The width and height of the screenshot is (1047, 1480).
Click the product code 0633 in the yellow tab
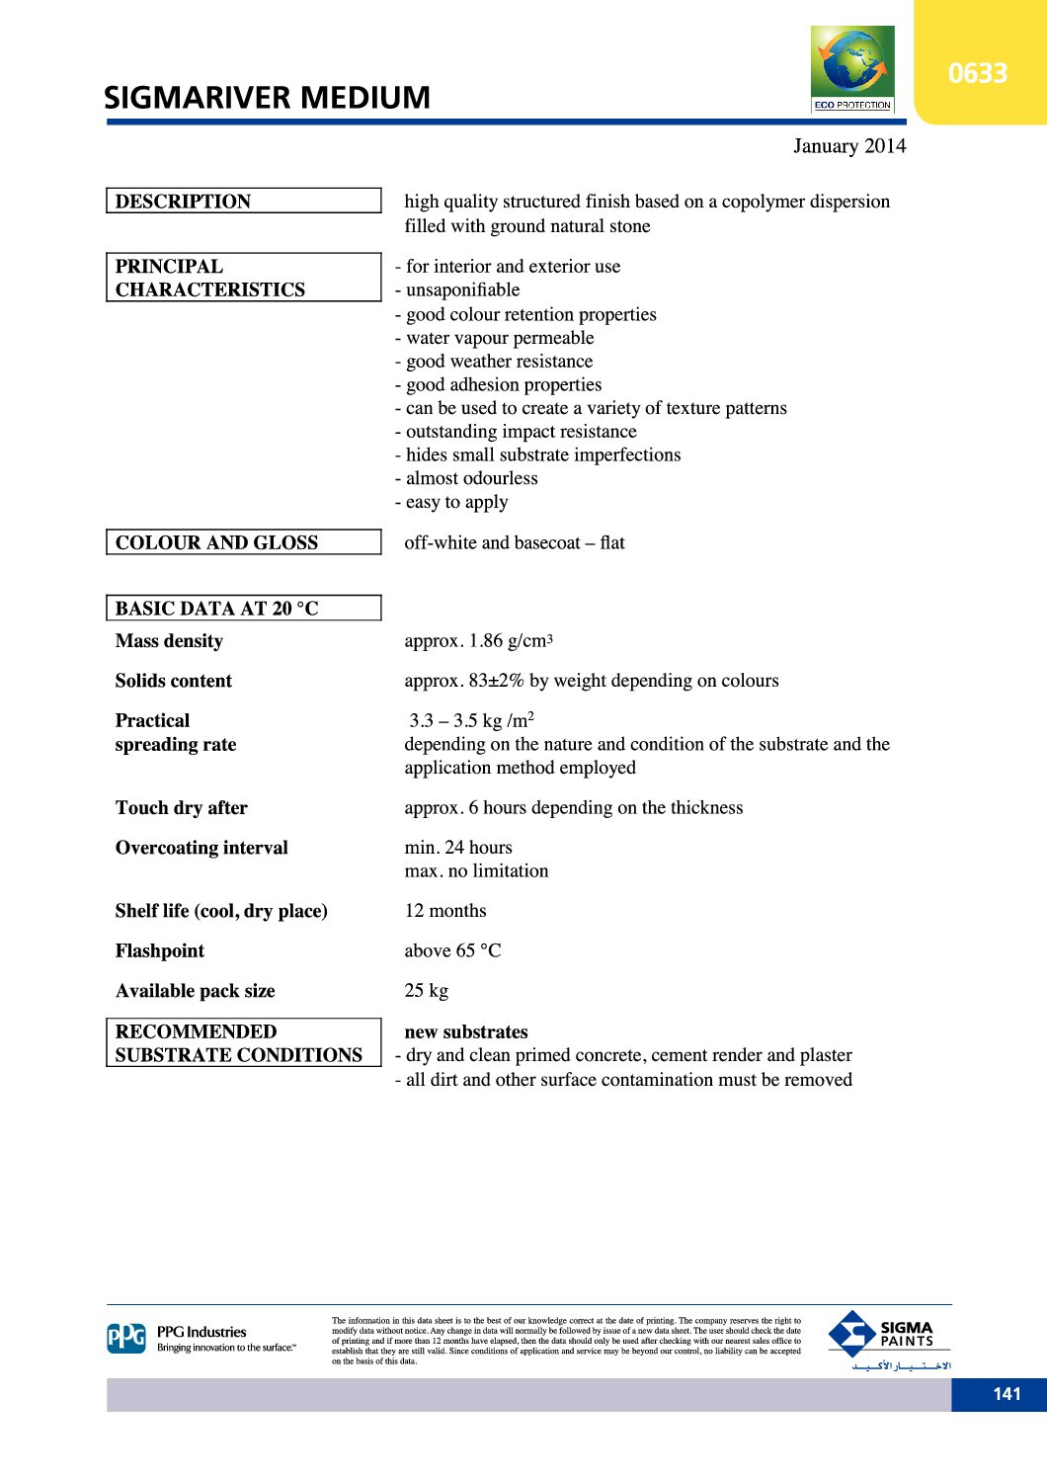977,73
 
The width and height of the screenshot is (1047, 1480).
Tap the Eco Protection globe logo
851,67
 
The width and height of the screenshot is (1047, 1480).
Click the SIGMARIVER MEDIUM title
267,98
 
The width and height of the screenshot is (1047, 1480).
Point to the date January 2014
848,146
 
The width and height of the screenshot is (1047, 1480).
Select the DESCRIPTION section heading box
243,201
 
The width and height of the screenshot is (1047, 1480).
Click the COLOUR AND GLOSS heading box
243,542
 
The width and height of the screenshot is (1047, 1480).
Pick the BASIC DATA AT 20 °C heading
243,608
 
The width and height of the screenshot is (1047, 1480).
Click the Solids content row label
173,681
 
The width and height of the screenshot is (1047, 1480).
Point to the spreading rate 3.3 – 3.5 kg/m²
471,720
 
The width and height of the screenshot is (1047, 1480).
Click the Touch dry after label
181,808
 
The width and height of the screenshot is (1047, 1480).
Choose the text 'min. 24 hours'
458,848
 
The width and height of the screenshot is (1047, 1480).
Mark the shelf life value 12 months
444,911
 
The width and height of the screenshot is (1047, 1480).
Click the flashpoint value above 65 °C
452,950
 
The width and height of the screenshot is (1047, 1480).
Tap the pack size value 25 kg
426,991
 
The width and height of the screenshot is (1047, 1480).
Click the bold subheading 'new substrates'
465,1031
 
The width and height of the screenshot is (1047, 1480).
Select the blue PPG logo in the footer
126,1339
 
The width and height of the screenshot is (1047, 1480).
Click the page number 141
1007,1394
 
